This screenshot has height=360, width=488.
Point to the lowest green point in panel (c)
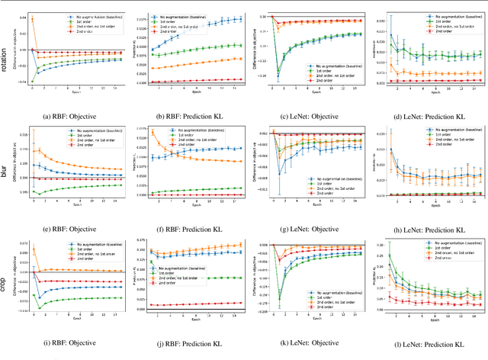[x=279, y=78]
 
